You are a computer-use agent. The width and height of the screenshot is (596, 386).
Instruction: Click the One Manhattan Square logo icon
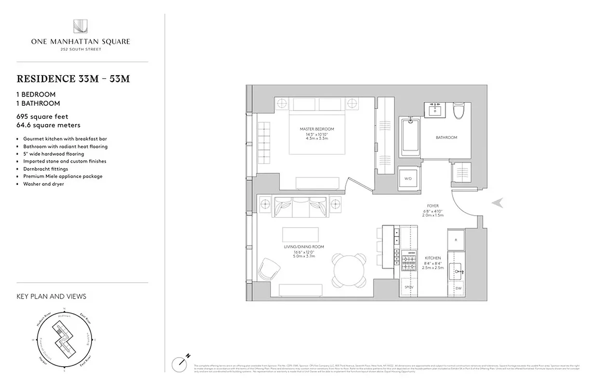pyautogui.click(x=80, y=27)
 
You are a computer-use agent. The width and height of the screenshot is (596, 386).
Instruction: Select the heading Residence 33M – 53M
pyautogui.click(x=73, y=79)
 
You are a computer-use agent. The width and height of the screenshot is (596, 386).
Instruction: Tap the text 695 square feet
pyautogui.click(x=42, y=116)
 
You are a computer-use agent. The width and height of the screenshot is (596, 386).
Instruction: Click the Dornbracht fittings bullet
pyautogui.click(x=46, y=169)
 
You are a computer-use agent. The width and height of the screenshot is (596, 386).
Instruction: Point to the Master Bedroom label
pyautogui.click(x=316, y=129)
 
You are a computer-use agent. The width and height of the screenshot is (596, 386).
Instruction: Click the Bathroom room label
pyautogui.click(x=446, y=138)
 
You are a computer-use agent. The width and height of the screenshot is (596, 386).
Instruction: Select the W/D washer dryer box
pyautogui.click(x=408, y=179)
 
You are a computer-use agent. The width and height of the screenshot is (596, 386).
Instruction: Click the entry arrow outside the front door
pyautogui.click(x=498, y=203)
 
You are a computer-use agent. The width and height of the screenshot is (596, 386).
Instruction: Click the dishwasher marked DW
pyautogui.click(x=458, y=288)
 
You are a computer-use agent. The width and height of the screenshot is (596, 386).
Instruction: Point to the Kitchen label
pyautogui.click(x=433, y=259)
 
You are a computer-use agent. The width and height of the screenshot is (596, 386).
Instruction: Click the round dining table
pyautogui.click(x=348, y=271)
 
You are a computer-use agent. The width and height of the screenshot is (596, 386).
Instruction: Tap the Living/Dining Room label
pyautogui.click(x=304, y=247)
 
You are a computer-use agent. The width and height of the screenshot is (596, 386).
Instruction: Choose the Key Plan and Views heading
pyautogui.click(x=51, y=296)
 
